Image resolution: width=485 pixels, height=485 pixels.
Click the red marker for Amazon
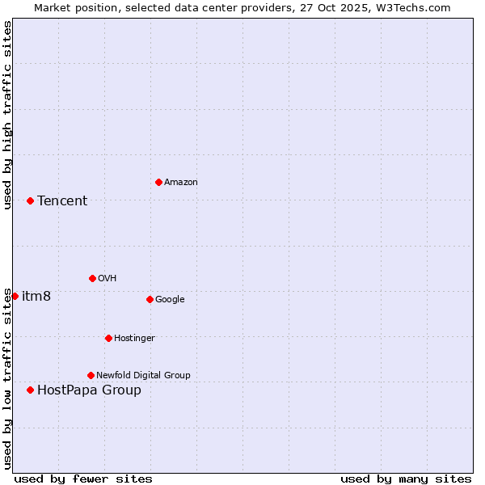158,182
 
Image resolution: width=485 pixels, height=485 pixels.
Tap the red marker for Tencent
30,200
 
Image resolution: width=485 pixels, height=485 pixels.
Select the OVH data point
92,278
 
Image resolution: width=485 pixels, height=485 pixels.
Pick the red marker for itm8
15,296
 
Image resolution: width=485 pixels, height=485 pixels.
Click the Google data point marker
150,299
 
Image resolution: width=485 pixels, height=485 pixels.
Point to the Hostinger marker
108,338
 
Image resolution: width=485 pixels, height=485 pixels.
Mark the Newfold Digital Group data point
91,375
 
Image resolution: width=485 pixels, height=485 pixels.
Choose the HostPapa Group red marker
30,390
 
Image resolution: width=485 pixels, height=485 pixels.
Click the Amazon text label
181,183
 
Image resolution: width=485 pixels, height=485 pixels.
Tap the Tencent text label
62,201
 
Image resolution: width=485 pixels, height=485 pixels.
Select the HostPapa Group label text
89,390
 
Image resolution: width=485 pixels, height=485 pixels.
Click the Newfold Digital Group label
143,375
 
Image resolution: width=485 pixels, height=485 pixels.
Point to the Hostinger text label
134,338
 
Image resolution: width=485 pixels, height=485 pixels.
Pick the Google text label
170,300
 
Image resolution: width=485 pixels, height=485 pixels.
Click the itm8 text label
36,297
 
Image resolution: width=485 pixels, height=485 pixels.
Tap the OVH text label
108,279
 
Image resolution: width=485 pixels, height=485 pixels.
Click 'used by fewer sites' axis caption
83,479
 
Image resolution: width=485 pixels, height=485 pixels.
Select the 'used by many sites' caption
406,479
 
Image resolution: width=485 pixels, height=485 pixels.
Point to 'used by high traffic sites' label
7,115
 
